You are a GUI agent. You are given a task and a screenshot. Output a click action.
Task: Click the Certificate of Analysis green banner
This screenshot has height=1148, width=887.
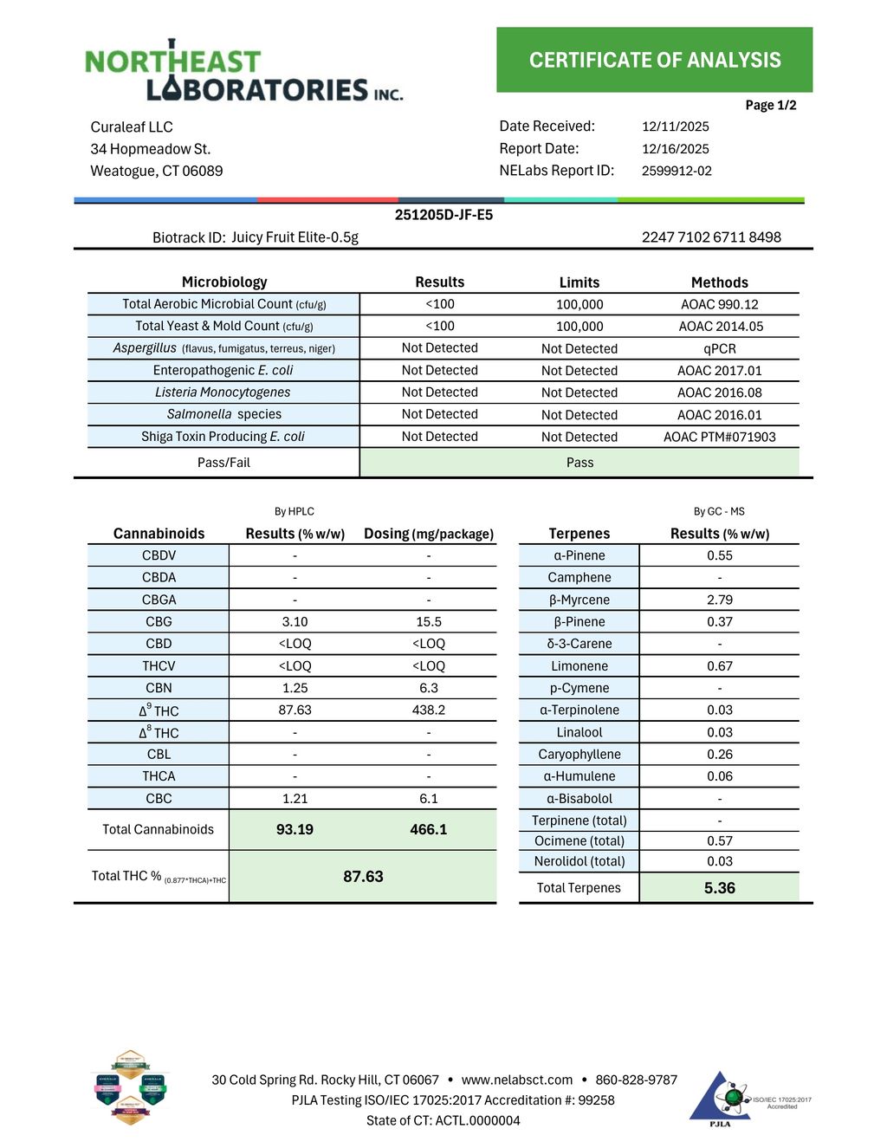(x=654, y=60)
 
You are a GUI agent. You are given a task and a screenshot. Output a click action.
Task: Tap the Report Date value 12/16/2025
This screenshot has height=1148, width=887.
(x=675, y=149)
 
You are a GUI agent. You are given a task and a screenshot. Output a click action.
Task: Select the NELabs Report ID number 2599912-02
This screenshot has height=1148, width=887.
(x=677, y=172)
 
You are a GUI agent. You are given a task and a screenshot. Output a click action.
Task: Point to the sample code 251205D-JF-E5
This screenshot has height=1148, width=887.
(x=443, y=215)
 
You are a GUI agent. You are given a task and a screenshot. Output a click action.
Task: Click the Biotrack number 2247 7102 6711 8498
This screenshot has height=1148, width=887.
(x=710, y=237)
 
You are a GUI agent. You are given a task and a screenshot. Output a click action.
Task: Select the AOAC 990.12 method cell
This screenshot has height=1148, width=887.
(x=719, y=305)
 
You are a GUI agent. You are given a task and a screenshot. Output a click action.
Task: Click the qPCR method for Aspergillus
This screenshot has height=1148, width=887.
(x=719, y=349)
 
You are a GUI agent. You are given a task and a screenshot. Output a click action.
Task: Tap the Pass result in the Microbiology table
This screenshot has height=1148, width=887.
(x=579, y=463)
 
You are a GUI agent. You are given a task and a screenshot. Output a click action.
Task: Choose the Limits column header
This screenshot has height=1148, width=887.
(x=579, y=282)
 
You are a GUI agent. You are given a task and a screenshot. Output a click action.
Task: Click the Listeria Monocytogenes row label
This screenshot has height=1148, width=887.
(x=223, y=392)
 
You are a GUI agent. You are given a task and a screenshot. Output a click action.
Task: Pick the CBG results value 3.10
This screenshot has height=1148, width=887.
(x=295, y=622)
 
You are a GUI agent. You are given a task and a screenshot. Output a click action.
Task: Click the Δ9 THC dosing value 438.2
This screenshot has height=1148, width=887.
(x=428, y=710)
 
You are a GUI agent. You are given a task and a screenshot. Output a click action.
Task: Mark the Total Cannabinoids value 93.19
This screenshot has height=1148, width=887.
(x=295, y=830)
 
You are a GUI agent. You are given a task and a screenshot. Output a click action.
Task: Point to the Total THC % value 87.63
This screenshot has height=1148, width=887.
(x=363, y=877)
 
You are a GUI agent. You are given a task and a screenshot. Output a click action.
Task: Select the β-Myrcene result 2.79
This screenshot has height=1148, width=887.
(x=719, y=600)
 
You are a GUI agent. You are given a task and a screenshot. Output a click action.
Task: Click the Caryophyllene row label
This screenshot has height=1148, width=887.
(x=579, y=755)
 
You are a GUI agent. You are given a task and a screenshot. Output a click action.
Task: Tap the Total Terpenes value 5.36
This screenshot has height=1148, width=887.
(x=719, y=888)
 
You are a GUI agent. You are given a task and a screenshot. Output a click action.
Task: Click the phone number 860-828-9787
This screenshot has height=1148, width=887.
(x=636, y=1080)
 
